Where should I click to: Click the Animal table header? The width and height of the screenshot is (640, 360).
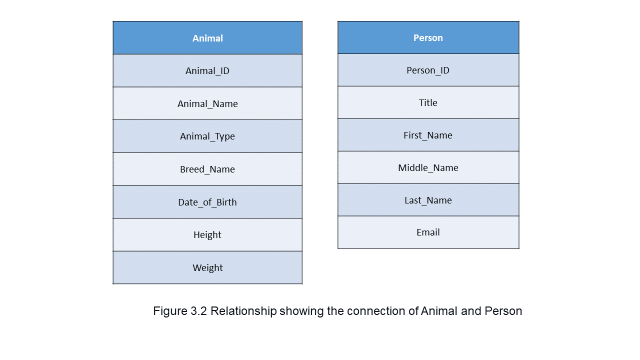pyautogui.click(x=207, y=37)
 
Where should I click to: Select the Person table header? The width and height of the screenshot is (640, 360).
pyautogui.click(x=428, y=37)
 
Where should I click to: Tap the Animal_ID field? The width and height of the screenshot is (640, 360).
pyautogui.click(x=207, y=70)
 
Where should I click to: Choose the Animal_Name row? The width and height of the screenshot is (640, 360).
pyautogui.click(x=207, y=103)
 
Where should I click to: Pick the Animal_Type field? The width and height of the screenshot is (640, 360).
pyautogui.click(x=207, y=136)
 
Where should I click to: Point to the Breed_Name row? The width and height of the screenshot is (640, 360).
pyautogui.click(x=207, y=169)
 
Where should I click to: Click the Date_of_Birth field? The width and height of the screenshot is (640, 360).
pyautogui.click(x=207, y=202)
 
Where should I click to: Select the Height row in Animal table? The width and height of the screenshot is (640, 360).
pyautogui.click(x=207, y=235)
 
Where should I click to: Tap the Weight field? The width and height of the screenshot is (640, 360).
pyautogui.click(x=207, y=267)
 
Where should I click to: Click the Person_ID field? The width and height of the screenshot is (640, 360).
pyautogui.click(x=428, y=70)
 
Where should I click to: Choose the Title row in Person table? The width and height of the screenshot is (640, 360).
pyautogui.click(x=428, y=102)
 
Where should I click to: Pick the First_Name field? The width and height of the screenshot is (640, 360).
pyautogui.click(x=428, y=135)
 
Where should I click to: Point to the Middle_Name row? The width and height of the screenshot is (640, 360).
pyautogui.click(x=428, y=167)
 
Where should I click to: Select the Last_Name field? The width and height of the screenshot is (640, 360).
pyautogui.click(x=428, y=200)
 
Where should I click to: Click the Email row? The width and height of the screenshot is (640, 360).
pyautogui.click(x=428, y=232)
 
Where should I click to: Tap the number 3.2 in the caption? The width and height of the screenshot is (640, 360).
pyautogui.click(x=198, y=311)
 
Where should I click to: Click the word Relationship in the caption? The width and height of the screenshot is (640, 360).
pyautogui.click(x=243, y=311)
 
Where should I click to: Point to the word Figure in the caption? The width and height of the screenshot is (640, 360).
pyautogui.click(x=170, y=311)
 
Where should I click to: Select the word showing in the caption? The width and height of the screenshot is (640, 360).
pyautogui.click(x=301, y=311)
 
